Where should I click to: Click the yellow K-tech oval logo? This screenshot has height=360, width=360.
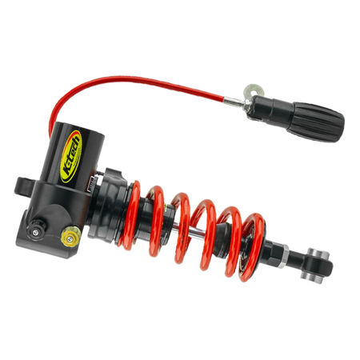click(x=70, y=157)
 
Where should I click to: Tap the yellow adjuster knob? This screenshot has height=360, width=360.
click(x=70, y=235)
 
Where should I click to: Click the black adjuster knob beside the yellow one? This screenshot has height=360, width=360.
click(x=37, y=230)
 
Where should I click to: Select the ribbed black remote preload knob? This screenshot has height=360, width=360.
click(x=315, y=122)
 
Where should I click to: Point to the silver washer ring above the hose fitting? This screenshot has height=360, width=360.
click(x=254, y=91)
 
